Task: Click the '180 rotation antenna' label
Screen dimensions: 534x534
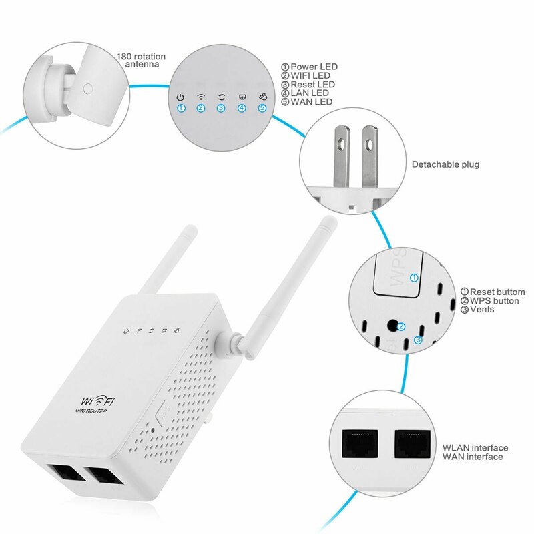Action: click(140, 61)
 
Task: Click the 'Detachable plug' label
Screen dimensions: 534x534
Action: click(445, 164)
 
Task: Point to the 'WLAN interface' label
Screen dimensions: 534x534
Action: click(475, 447)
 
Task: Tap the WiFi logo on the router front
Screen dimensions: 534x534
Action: click(97, 400)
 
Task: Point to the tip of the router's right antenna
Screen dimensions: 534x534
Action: click(328, 221)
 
